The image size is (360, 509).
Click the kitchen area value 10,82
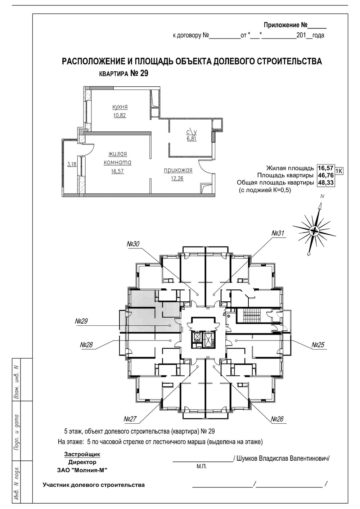click(120, 115)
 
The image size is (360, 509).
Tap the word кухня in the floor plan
click(120, 107)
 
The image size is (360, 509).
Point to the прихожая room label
click(178, 170)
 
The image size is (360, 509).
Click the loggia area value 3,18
click(72, 164)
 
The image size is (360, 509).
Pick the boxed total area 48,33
click(325, 183)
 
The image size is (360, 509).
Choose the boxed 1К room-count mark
click(338, 171)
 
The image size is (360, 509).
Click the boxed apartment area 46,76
click(325, 175)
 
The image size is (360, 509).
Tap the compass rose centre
click(314, 231)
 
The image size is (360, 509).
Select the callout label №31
click(278, 234)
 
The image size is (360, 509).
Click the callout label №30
click(133, 244)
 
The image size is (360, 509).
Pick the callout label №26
click(278, 419)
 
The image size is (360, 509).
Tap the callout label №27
click(130, 419)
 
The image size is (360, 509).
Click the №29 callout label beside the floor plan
click(81, 321)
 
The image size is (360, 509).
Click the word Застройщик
click(82, 454)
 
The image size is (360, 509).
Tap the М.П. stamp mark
click(202, 467)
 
